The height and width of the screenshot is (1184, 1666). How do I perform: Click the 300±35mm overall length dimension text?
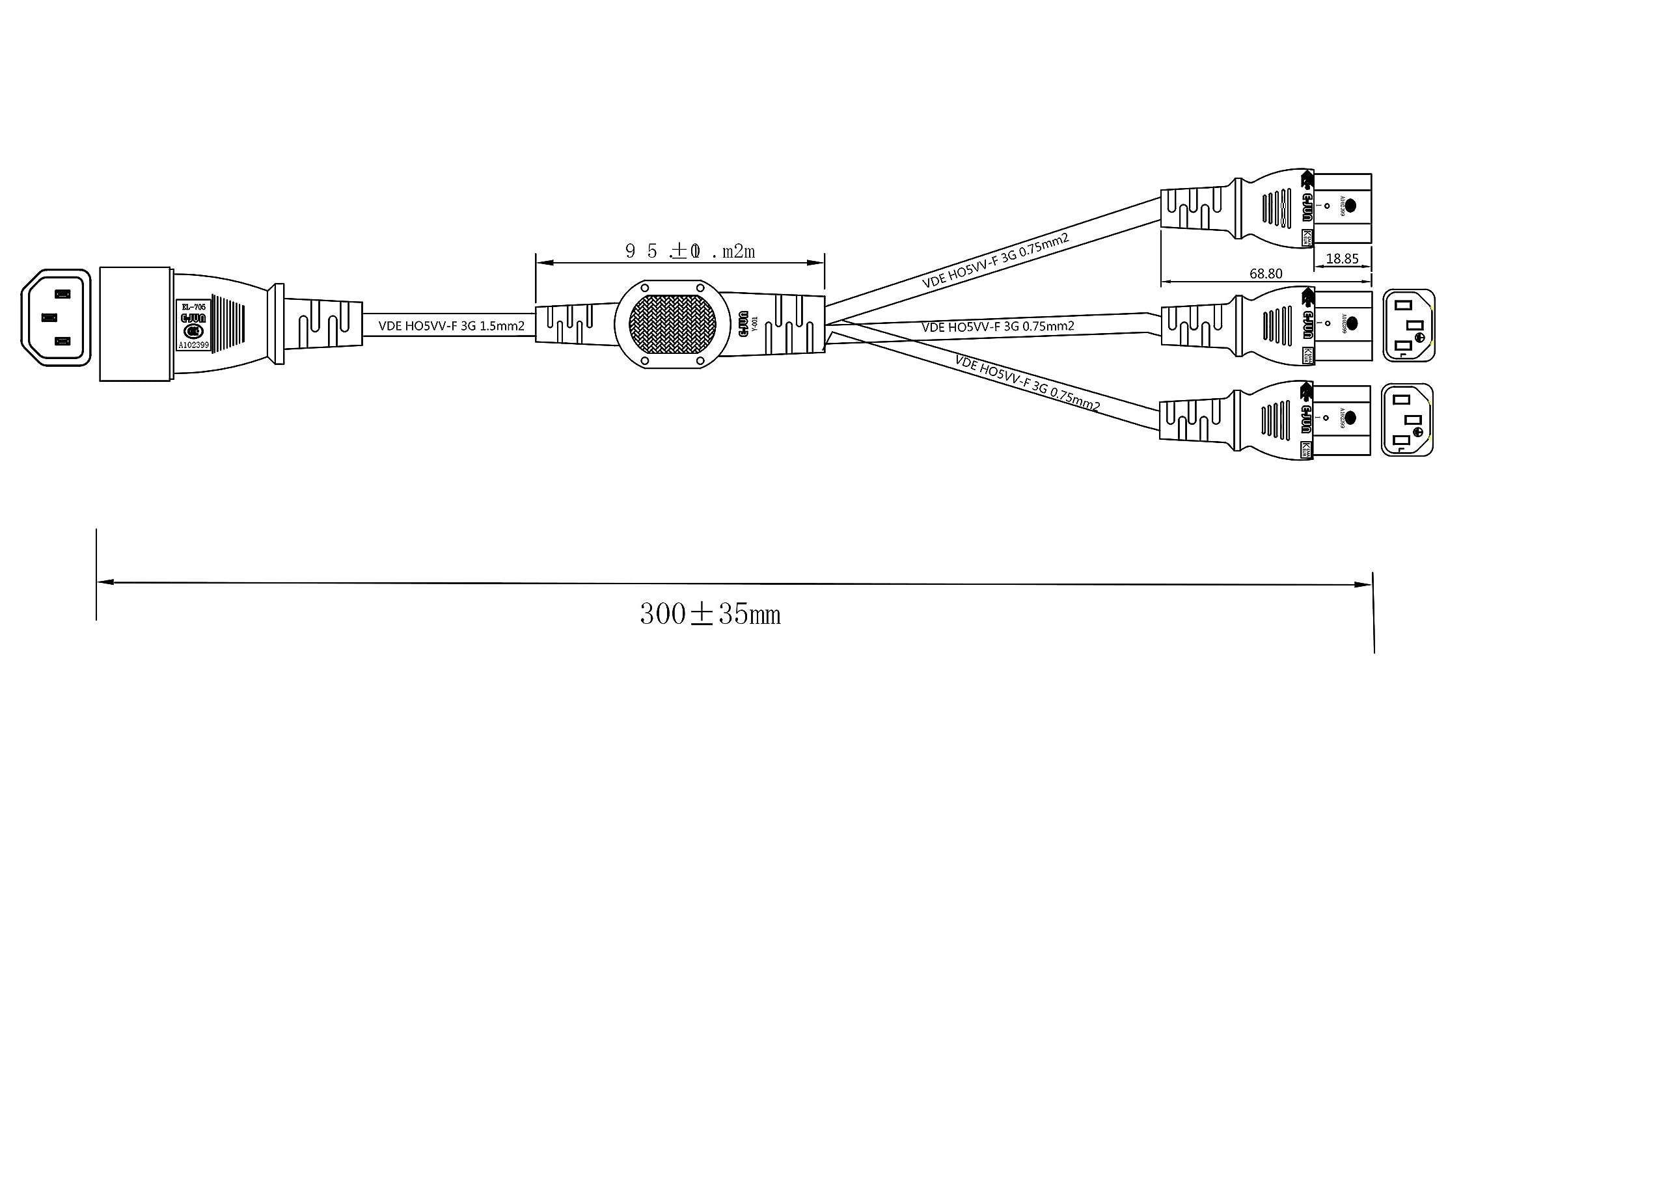coord(710,615)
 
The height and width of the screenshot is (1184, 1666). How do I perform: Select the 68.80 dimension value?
coord(1266,273)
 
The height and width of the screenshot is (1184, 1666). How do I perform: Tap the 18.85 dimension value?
coord(1343,259)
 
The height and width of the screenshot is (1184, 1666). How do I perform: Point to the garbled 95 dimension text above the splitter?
coord(690,252)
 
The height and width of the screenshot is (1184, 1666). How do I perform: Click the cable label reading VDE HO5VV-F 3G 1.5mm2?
coord(451,326)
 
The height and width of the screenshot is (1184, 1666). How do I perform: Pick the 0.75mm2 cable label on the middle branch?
coord(998,327)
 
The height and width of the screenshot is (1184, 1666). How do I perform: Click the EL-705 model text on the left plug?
coord(193,307)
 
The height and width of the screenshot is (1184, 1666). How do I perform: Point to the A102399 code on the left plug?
coord(193,345)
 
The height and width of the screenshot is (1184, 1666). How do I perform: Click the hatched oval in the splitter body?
coord(672,324)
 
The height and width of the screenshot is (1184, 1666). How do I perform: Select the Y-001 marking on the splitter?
coord(756,324)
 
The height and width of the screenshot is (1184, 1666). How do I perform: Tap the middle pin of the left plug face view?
coord(49,318)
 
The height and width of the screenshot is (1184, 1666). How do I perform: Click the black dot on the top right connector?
coord(1350,206)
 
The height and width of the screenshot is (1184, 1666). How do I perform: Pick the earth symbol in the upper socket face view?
coord(1419,338)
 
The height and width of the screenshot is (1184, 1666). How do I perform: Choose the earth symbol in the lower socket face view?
coord(1419,433)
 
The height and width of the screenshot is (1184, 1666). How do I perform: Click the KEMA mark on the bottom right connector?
coord(1306,450)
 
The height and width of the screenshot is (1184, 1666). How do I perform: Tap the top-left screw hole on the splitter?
coord(644,289)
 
